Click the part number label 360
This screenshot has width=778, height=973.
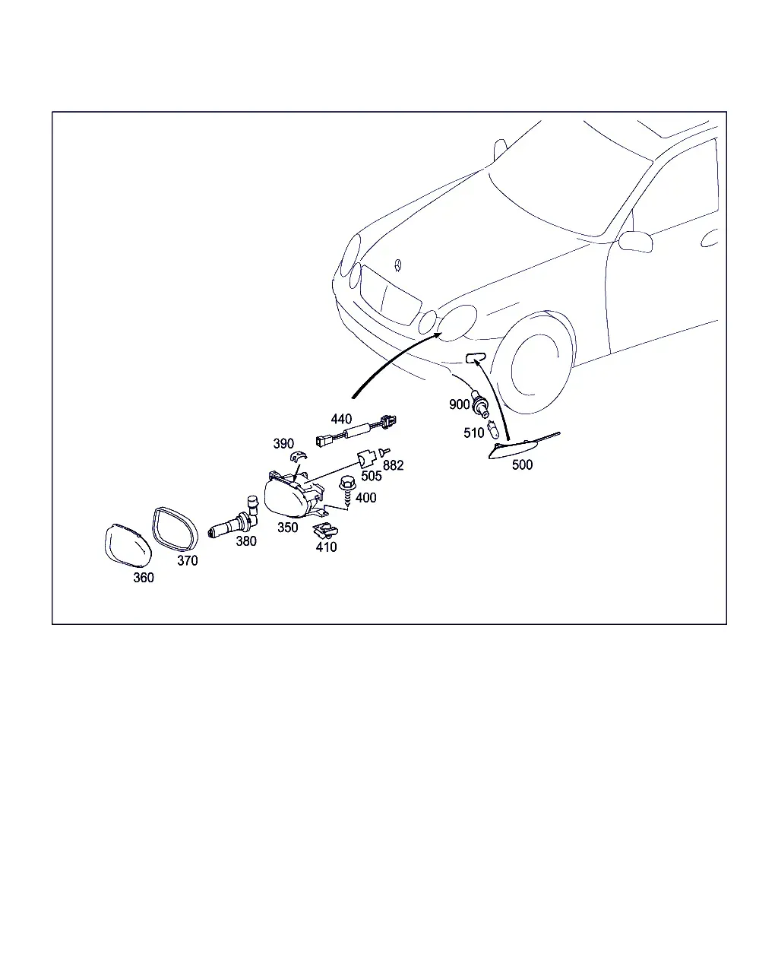(x=144, y=578)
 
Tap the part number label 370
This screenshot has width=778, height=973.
(x=187, y=561)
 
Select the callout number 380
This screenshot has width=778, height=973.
(x=246, y=541)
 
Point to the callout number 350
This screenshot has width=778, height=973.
(x=287, y=528)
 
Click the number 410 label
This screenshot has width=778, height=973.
(x=326, y=547)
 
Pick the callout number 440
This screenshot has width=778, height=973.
(x=341, y=419)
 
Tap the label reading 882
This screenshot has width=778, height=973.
(x=393, y=465)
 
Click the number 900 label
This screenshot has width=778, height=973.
(x=460, y=404)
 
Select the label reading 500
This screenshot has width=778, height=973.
(x=522, y=464)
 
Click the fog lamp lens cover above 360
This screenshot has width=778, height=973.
(x=128, y=546)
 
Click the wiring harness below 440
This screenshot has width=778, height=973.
(x=356, y=432)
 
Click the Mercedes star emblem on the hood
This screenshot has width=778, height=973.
(x=398, y=265)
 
